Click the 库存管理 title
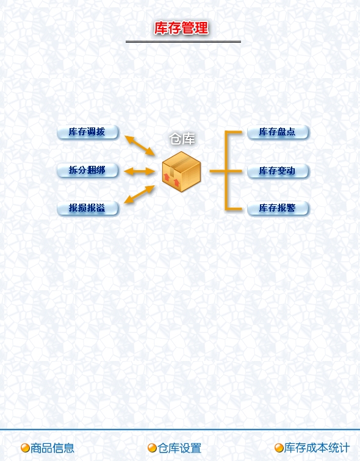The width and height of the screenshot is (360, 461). [181, 28]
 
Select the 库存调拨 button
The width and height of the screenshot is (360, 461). [88, 132]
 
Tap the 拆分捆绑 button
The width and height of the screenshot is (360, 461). [88, 170]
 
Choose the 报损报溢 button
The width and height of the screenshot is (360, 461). [88, 208]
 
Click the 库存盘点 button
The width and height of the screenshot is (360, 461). [278, 132]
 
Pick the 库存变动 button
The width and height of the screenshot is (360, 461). [278, 171]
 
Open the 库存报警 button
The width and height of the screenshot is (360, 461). [278, 208]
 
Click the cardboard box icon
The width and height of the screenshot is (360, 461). [181, 172]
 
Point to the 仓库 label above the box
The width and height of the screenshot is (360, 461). [182, 139]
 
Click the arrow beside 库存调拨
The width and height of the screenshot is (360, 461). [140, 146]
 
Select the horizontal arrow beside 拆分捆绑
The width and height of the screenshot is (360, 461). [139, 171]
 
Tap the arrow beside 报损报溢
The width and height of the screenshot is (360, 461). [139, 195]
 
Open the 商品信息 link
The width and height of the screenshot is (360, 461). [52, 448]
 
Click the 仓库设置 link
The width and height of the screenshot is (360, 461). [179, 448]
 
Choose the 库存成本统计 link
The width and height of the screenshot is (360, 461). [317, 448]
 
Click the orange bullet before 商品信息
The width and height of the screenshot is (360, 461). [25, 448]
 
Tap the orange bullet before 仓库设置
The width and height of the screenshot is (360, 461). [152, 448]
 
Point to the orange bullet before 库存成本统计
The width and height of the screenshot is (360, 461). [279, 448]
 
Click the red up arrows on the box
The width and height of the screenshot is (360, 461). [171, 180]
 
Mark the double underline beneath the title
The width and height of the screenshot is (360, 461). [183, 41]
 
